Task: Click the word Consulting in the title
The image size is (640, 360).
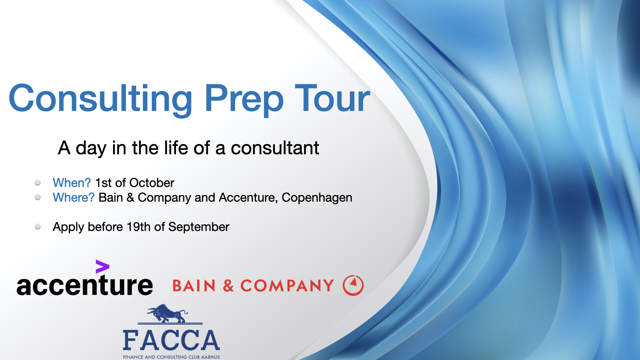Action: [100, 98]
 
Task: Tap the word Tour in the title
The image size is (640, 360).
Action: [332, 98]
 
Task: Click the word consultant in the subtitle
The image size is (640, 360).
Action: [275, 148]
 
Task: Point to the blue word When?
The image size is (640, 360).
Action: [72, 183]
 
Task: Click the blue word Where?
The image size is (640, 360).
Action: [74, 197]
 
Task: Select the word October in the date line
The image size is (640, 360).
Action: [152, 183]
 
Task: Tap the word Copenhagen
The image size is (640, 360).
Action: [317, 197]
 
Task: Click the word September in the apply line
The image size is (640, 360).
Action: [199, 227]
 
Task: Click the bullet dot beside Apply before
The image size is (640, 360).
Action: [38, 227]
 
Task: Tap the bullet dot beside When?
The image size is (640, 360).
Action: [38, 183]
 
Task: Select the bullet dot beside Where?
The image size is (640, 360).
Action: [38, 197]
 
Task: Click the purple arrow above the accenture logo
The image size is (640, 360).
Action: [102, 267]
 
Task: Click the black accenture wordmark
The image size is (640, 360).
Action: [85, 286]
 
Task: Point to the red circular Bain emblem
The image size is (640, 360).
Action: [353, 285]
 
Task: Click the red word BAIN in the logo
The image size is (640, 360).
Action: [194, 286]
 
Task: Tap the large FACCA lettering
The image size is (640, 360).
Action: [171, 340]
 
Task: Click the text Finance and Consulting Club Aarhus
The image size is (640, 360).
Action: [171, 357]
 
